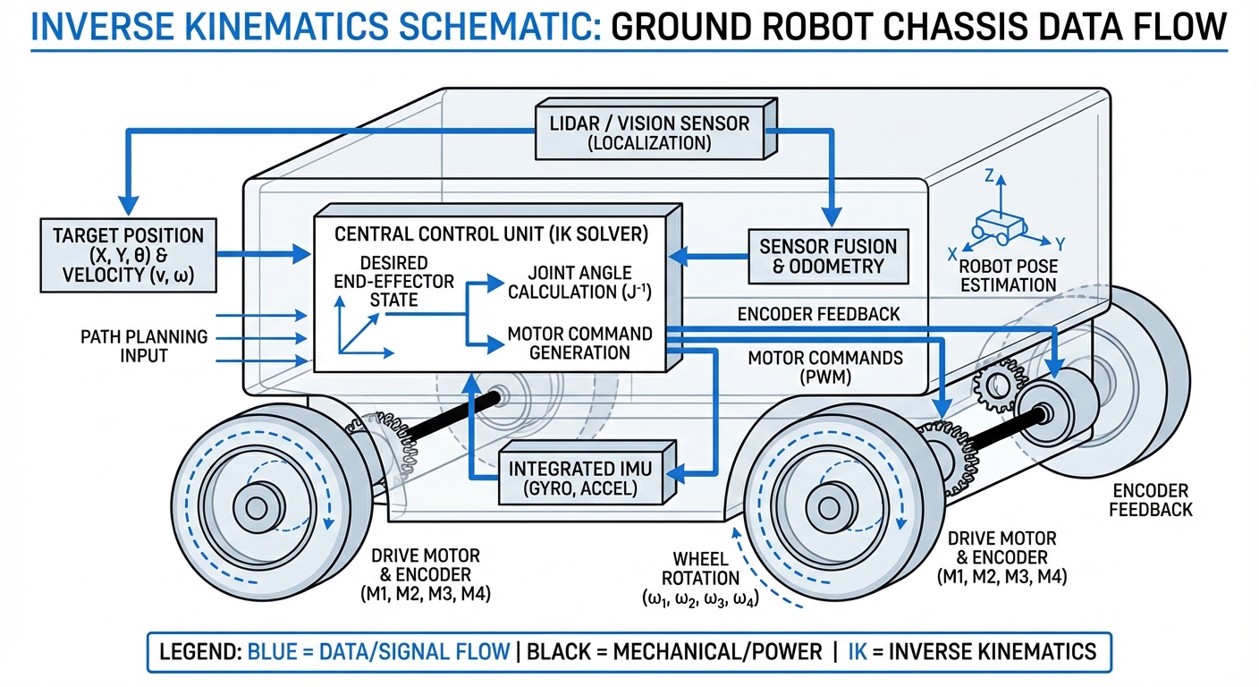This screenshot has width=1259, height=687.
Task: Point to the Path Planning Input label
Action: [x=144, y=346]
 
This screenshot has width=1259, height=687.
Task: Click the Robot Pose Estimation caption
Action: [x=1007, y=276]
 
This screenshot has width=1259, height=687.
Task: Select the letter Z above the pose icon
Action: [x=989, y=177]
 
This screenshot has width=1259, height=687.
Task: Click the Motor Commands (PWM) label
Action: [x=824, y=368]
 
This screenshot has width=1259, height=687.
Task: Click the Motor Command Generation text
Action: [x=579, y=343]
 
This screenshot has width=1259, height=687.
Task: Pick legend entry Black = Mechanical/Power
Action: [x=674, y=650]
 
